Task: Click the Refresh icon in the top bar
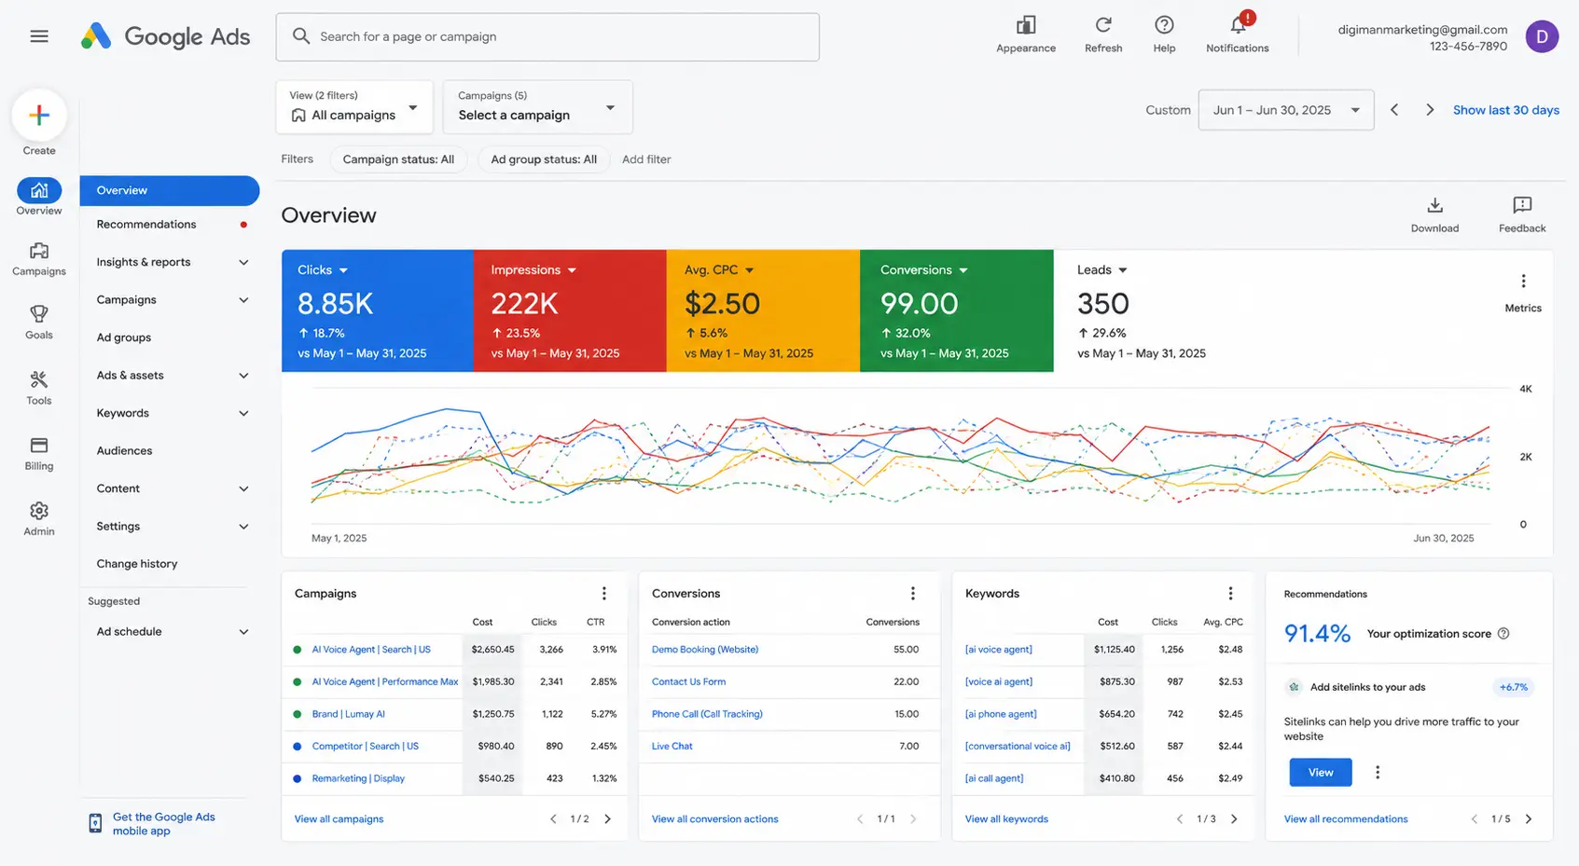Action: [1103, 25]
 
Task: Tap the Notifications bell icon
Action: [1238, 25]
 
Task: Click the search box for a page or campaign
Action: [547, 36]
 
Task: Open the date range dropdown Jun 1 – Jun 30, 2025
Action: [1286, 110]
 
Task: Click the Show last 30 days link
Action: [1505, 110]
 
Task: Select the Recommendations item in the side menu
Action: [146, 224]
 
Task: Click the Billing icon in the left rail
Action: [39, 446]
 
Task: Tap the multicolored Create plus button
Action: [39, 115]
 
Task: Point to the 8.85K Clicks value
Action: [335, 304]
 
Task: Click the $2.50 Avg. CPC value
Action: [722, 304]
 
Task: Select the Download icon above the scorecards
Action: [1434, 205]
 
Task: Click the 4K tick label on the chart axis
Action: [1526, 389]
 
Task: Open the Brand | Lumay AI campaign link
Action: [348, 714]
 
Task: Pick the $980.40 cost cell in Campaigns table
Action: [495, 746]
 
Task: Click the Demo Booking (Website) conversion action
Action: [705, 649]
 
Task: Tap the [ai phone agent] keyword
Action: [1000, 714]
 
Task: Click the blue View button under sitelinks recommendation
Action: [1321, 772]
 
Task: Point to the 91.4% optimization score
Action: [1317, 634]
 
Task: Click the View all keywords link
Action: [1006, 818]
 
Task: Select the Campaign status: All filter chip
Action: [398, 159]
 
